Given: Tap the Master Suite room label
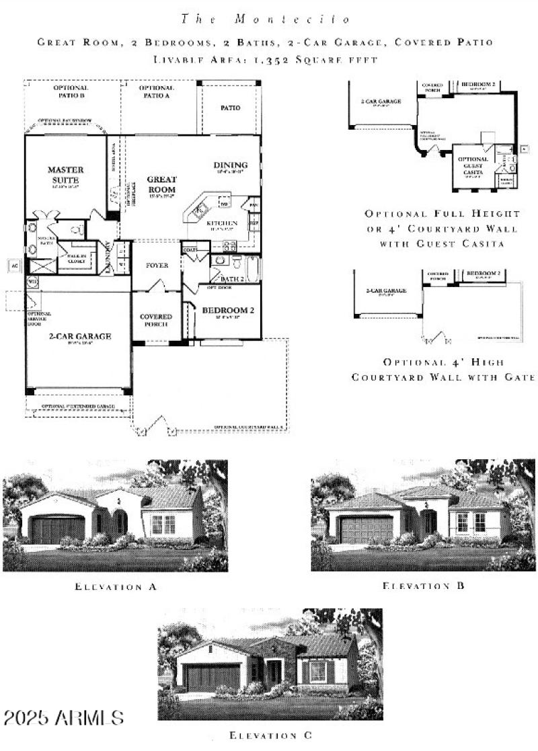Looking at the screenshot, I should pyautogui.click(x=65, y=175).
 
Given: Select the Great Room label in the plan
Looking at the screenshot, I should pyautogui.click(x=161, y=184).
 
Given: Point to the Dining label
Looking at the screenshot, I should pyautogui.click(x=231, y=165).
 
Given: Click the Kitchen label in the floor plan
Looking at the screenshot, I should pyautogui.click(x=222, y=223).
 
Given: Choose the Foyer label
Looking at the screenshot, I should pyautogui.click(x=157, y=266).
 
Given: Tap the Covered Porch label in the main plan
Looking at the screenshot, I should pyautogui.click(x=156, y=321).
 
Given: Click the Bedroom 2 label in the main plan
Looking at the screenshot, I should pyautogui.click(x=227, y=310).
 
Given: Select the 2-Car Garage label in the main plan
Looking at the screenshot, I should pyautogui.click(x=79, y=336).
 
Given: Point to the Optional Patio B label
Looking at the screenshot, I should pyautogui.click(x=71, y=92).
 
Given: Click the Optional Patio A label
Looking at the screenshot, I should pyautogui.click(x=157, y=92).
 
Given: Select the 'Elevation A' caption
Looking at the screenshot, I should pyautogui.click(x=116, y=587).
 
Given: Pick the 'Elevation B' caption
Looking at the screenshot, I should pyautogui.click(x=424, y=586).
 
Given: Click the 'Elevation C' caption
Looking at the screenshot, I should pyautogui.click(x=270, y=736).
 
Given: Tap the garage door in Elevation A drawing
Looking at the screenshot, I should pyautogui.click(x=58, y=530).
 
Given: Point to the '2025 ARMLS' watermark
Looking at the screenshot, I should pyautogui.click(x=63, y=717).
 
